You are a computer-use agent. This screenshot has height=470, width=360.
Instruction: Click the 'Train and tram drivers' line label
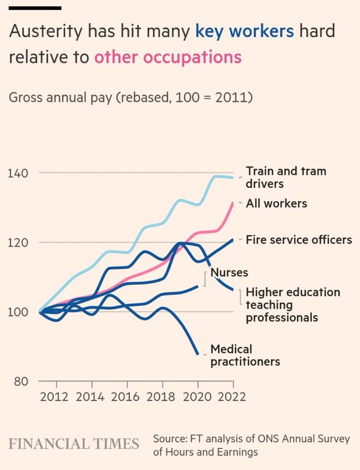click(286, 177)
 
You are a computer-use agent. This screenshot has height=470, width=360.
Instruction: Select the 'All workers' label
click(276, 203)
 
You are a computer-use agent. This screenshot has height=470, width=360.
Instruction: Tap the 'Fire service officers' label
click(299, 239)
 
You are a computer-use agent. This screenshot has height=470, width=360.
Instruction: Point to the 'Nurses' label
click(229, 272)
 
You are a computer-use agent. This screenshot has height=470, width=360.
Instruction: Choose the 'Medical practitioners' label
click(245, 355)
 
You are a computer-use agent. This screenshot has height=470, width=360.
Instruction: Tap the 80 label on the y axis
click(19, 381)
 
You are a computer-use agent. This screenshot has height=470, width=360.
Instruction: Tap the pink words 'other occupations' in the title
click(168, 57)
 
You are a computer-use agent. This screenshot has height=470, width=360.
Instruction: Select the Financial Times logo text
click(74, 444)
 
